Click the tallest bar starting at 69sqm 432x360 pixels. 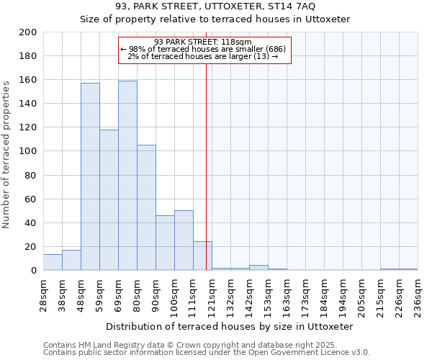(127, 176)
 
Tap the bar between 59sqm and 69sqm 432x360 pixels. (109, 200)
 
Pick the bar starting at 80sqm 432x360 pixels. (146, 207)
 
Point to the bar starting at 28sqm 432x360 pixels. (53, 263)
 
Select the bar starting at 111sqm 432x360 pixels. (202, 256)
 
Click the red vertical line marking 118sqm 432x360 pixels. (207, 166)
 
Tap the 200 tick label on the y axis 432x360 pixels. (28, 32)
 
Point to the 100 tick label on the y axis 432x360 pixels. (28, 151)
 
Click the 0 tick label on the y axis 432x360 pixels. (34, 271)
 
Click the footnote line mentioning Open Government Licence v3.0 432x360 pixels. (207, 353)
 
